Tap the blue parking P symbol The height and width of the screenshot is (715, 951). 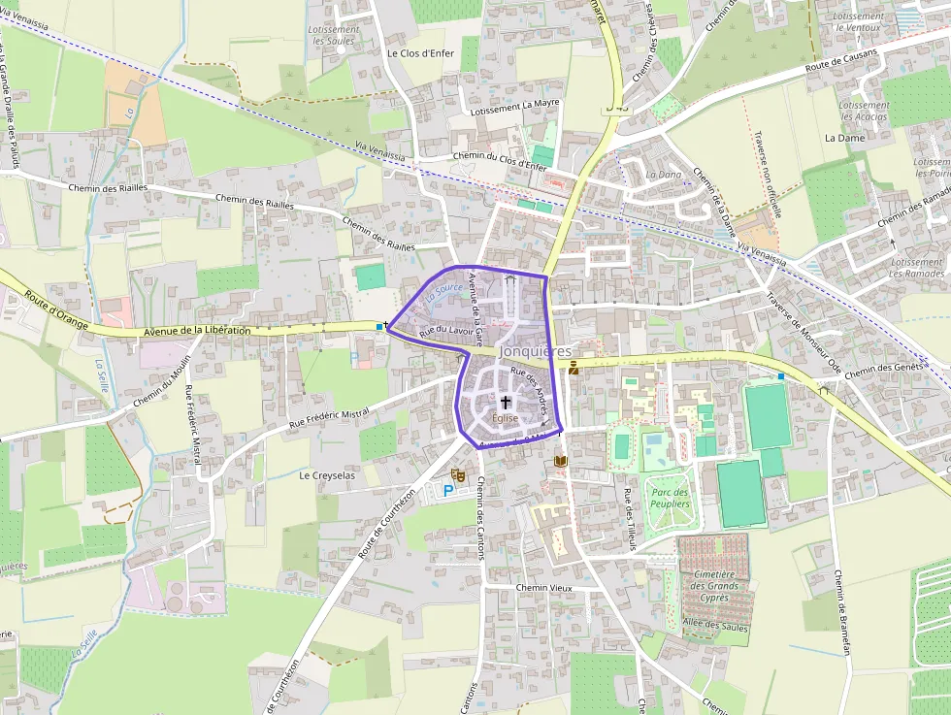point(447,491)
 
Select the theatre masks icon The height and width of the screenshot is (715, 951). point(459,473)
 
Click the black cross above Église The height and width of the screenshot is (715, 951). point(506,402)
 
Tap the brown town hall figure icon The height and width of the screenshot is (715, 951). point(575,367)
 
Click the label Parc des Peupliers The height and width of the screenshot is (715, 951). point(670,498)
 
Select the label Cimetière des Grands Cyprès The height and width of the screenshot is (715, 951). point(715,585)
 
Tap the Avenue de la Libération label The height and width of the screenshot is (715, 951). point(196,331)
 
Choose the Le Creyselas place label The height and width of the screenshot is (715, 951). point(328,475)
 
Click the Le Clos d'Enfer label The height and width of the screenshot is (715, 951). point(420,53)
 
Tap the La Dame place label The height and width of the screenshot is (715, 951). point(843,138)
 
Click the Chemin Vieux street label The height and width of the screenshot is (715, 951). point(544,588)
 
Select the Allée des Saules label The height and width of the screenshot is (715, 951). point(717,625)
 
